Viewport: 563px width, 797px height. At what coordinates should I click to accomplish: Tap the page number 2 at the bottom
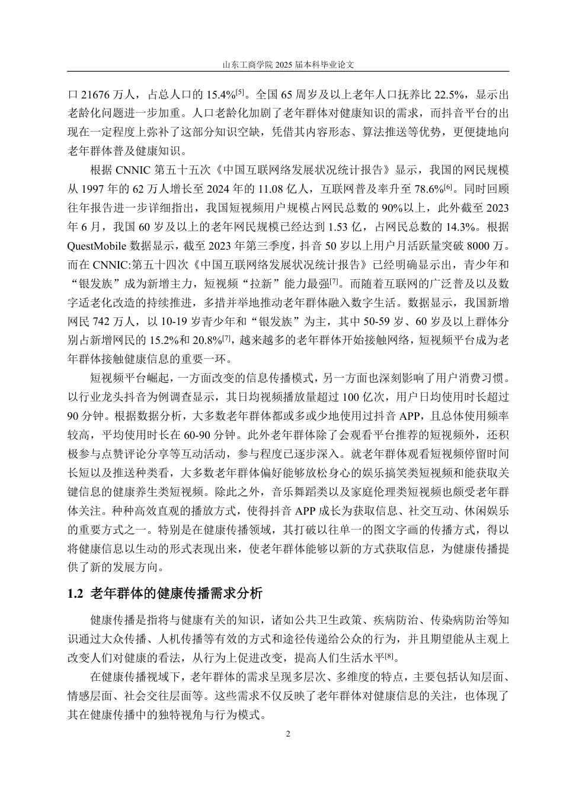[x=289, y=734]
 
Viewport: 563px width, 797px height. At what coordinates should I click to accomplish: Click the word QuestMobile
[x=98, y=245]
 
